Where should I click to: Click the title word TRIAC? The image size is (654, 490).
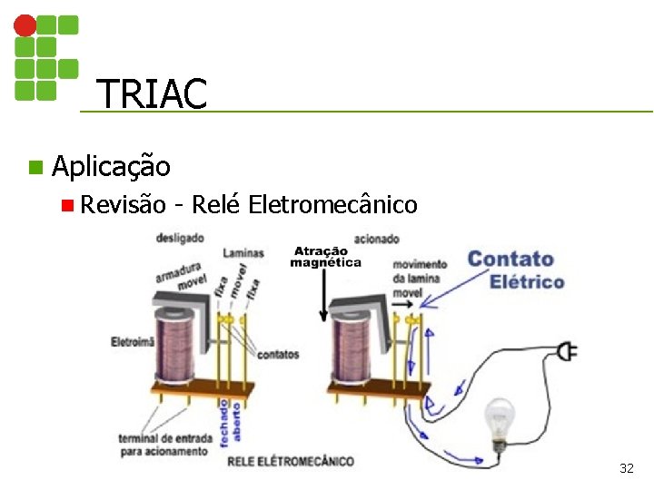pyautogui.click(x=151, y=93)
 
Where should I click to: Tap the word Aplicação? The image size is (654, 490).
pyautogui.click(x=111, y=166)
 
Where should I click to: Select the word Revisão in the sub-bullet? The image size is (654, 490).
pyautogui.click(x=123, y=204)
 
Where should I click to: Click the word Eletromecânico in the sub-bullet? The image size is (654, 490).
pyautogui.click(x=332, y=204)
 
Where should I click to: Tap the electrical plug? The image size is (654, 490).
pyautogui.click(x=567, y=349)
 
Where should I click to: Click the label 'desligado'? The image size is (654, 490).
pyautogui.click(x=180, y=238)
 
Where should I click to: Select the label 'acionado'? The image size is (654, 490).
pyautogui.click(x=376, y=239)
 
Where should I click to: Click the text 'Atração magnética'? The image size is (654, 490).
pyautogui.click(x=325, y=257)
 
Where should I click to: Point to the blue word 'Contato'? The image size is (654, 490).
pyautogui.click(x=510, y=260)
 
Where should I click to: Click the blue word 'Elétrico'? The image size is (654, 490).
pyautogui.click(x=527, y=281)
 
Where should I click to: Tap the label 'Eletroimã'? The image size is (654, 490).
pyautogui.click(x=133, y=342)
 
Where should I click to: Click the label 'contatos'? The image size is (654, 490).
pyautogui.click(x=278, y=354)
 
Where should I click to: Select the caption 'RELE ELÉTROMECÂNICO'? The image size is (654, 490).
pyautogui.click(x=290, y=461)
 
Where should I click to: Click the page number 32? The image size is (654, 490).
pyautogui.click(x=626, y=468)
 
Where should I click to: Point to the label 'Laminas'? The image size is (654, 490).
pyautogui.click(x=243, y=253)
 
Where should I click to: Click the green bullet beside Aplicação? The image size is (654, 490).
pyautogui.click(x=35, y=167)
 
